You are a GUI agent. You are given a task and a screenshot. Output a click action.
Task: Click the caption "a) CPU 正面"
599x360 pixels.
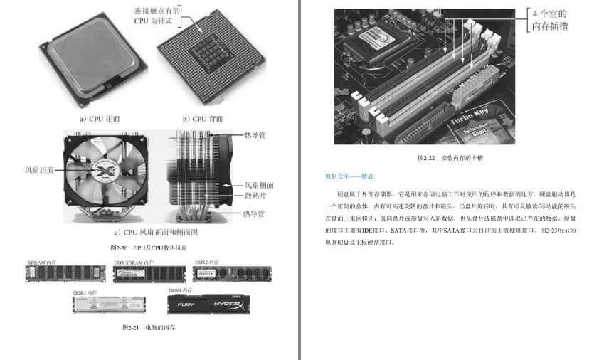pyautogui.click(x=100, y=119)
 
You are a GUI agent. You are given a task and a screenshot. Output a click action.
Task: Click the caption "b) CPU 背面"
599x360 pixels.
pyautogui.click(x=203, y=119)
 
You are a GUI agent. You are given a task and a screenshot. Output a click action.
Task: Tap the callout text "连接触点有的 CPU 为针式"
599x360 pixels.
pyautogui.click(x=157, y=16)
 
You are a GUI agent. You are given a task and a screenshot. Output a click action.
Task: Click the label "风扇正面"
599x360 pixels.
pyautogui.click(x=40, y=170)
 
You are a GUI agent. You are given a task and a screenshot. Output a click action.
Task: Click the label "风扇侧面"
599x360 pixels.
pyautogui.click(x=259, y=185)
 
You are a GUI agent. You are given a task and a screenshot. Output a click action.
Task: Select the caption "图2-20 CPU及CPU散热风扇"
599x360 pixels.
pyautogui.click(x=149, y=248)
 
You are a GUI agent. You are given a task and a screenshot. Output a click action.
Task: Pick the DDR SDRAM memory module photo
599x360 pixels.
pyautogui.click(x=149, y=275)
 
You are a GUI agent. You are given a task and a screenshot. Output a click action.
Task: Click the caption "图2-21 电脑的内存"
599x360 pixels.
pyautogui.click(x=149, y=327)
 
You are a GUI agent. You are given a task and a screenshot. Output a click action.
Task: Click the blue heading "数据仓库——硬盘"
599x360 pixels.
pyautogui.click(x=349, y=175)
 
